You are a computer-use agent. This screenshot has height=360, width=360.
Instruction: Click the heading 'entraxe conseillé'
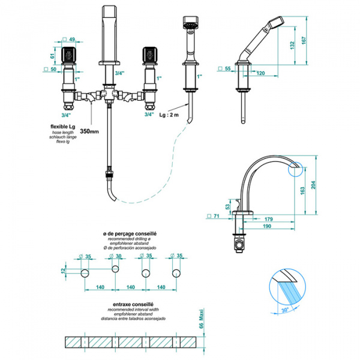click(131, 304)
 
